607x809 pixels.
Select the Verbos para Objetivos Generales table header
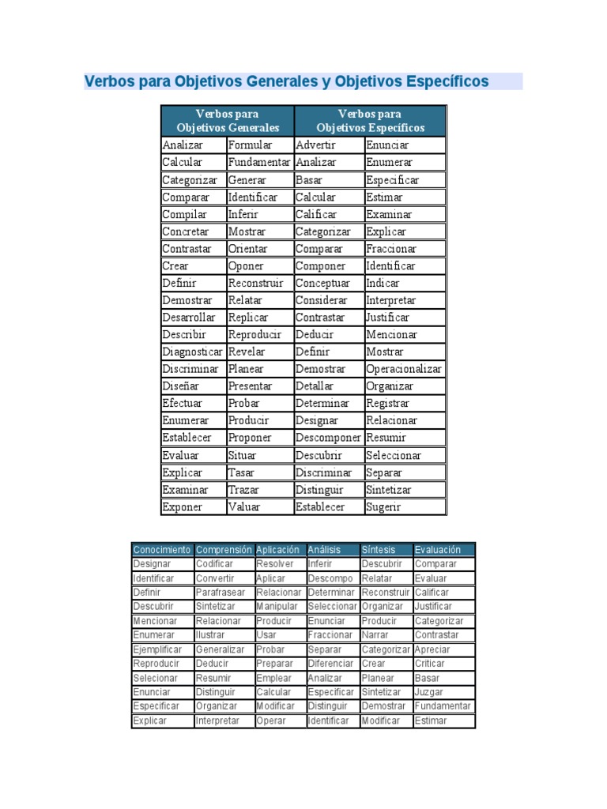coord(228,121)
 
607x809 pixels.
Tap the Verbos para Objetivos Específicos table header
coord(370,121)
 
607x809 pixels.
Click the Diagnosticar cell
coord(192,352)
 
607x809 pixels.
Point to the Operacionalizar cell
coord(404,369)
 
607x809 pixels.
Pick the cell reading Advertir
coord(315,145)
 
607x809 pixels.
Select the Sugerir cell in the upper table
coord(383,507)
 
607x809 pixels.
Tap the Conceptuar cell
coord(322,283)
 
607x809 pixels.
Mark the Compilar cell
coord(184,214)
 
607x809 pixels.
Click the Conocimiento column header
coord(162,550)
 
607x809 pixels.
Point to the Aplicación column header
coord(278,550)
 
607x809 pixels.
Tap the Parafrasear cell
coord(221,593)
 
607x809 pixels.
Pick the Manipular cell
coord(277,607)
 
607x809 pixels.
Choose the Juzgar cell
coord(428,692)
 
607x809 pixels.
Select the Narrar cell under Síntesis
coord(375,635)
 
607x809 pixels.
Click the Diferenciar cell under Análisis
coord(330,664)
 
